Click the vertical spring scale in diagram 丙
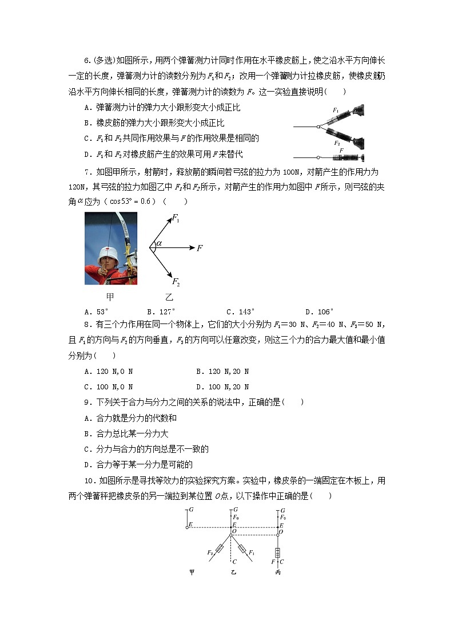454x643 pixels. (x=278, y=553)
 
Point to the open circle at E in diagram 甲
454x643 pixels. (x=187, y=527)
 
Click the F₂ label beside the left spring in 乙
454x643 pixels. (x=210, y=553)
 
